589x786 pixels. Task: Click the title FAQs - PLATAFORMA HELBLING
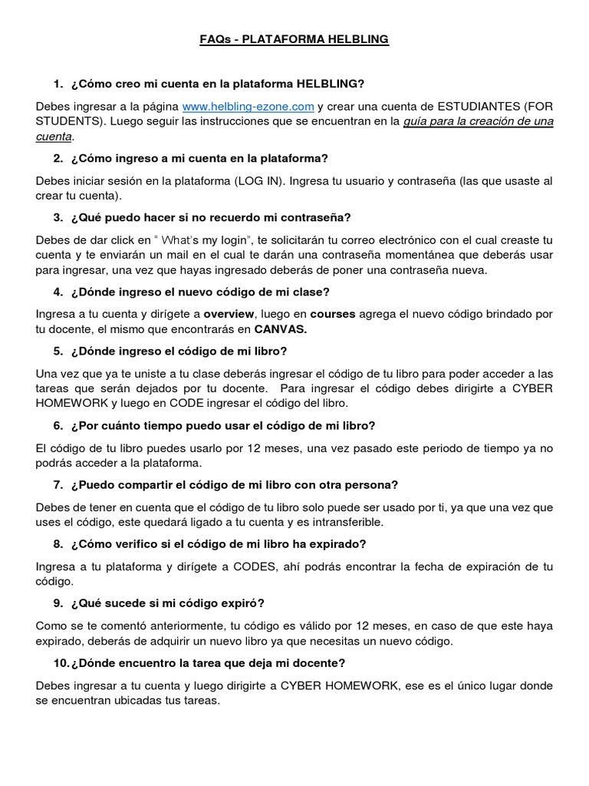(x=294, y=39)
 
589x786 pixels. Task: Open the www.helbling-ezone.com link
(x=248, y=106)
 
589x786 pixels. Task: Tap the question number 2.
(x=58, y=158)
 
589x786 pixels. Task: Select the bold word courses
(x=334, y=314)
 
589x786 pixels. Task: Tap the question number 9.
(x=58, y=603)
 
